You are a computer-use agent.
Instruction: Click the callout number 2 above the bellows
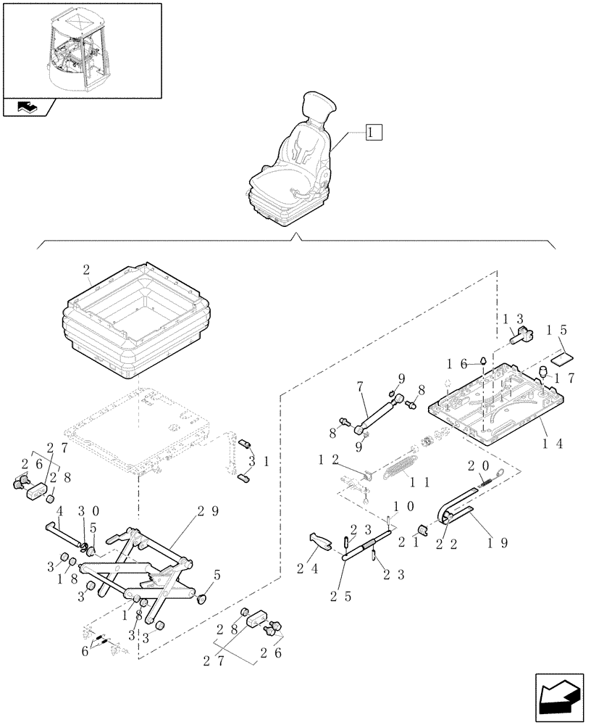[87, 271]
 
